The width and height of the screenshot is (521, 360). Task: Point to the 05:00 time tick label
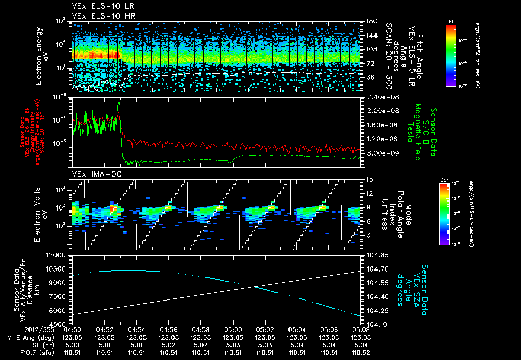coord(233,329)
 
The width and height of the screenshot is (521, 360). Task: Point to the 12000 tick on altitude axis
coord(56,255)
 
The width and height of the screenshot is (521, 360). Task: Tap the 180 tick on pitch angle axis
coord(370,21)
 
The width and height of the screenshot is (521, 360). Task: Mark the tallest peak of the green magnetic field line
coord(119,102)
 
